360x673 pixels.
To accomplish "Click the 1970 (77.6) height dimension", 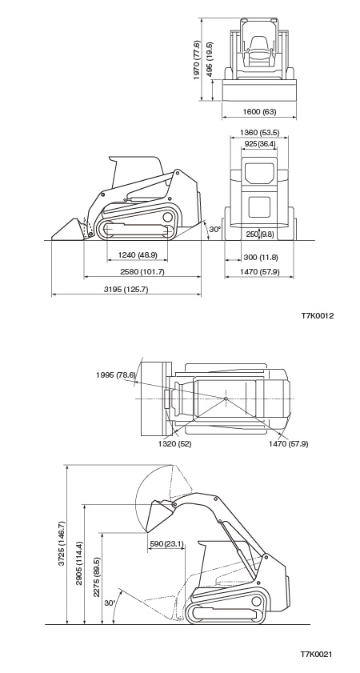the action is coord(197,60).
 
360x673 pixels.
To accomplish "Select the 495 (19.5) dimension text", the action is coord(210,58).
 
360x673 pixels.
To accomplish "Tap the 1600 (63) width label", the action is coord(259,111).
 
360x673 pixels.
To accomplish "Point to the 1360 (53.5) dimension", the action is coord(259,132).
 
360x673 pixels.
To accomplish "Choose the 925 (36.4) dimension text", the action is coord(260,143).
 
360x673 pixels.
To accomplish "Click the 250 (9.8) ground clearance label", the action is coord(260,234).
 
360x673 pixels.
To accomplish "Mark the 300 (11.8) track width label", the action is coord(261,258).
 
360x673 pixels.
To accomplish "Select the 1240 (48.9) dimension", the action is coord(138,255).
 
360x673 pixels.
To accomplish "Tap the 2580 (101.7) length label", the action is coord(143,272).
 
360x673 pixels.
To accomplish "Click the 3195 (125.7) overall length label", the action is coord(126,290).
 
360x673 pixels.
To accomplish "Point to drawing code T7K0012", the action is coord(317,316).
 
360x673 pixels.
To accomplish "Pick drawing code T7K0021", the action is coord(316,655).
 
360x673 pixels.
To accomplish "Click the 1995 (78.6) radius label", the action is coord(115,375).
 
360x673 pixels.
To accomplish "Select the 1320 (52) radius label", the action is coord(174,444).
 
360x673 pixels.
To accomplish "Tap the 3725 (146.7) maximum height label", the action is coord(62,543).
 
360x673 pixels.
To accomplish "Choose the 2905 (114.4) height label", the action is coord(79,563).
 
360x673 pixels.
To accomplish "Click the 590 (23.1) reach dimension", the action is coord(166,544).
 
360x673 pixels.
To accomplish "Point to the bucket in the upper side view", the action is coord(69,230).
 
